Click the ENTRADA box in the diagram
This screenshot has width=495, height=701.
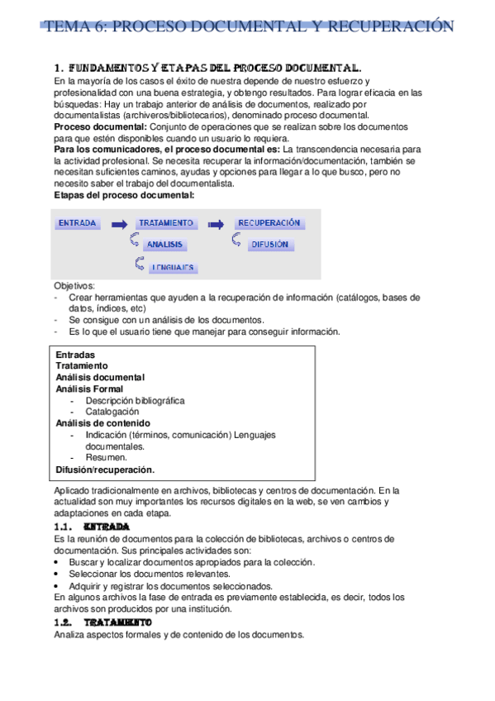coord(79,223)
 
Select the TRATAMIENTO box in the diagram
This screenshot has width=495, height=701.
coord(166,223)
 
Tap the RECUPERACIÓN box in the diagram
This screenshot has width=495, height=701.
coord(269,223)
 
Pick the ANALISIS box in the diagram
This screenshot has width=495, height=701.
coord(165,245)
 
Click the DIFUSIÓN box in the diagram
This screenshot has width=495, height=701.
coord(269,245)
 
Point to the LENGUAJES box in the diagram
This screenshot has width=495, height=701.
coord(171,267)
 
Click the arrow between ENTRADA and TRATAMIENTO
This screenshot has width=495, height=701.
coord(120,224)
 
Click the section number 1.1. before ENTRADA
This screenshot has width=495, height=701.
coord(65,526)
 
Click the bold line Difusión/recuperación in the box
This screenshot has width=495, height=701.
coord(105,469)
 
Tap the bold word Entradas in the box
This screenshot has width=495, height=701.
coord(75,354)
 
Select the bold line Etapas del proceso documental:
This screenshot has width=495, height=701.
coord(124,195)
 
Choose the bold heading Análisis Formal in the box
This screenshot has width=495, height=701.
coord(89,389)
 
